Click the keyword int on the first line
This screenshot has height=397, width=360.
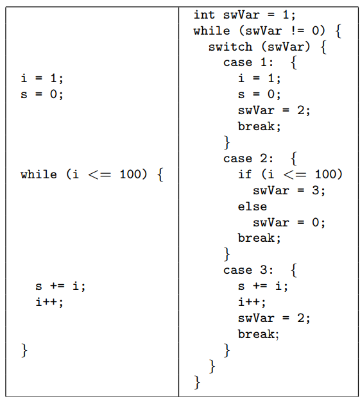pyautogui.click(x=204, y=15)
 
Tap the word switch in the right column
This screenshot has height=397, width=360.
pyautogui.click(x=230, y=47)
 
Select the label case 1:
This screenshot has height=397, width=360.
pyautogui.click(x=248, y=63)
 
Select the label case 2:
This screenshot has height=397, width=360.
pyautogui.click(x=248, y=159)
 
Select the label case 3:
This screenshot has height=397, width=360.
pyautogui.click(x=248, y=270)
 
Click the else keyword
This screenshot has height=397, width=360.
pyautogui.click(x=252, y=207)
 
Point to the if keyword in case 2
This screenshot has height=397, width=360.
pyautogui.click(x=244, y=174)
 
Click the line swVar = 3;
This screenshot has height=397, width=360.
pyautogui.click(x=289, y=190)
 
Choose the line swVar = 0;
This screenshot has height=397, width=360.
pyautogui.click(x=289, y=223)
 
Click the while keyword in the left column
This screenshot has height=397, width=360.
pyautogui.click(x=39, y=174)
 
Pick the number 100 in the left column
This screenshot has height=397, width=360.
pyautogui.click(x=133, y=174)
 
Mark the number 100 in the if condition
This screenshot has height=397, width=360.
pyautogui.click(x=329, y=174)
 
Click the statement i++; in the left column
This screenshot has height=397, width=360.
pyautogui.click(x=49, y=302)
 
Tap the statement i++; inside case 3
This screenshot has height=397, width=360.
pyautogui.click(x=252, y=302)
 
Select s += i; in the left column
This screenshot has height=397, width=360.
pyautogui.click(x=60, y=286)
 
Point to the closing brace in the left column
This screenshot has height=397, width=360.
pyautogui.click(x=24, y=350)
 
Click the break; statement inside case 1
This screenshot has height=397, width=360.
pyautogui.click(x=259, y=126)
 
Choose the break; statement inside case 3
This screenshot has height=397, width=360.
pyautogui.click(x=259, y=334)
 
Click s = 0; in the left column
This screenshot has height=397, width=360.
pyautogui.click(x=42, y=94)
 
